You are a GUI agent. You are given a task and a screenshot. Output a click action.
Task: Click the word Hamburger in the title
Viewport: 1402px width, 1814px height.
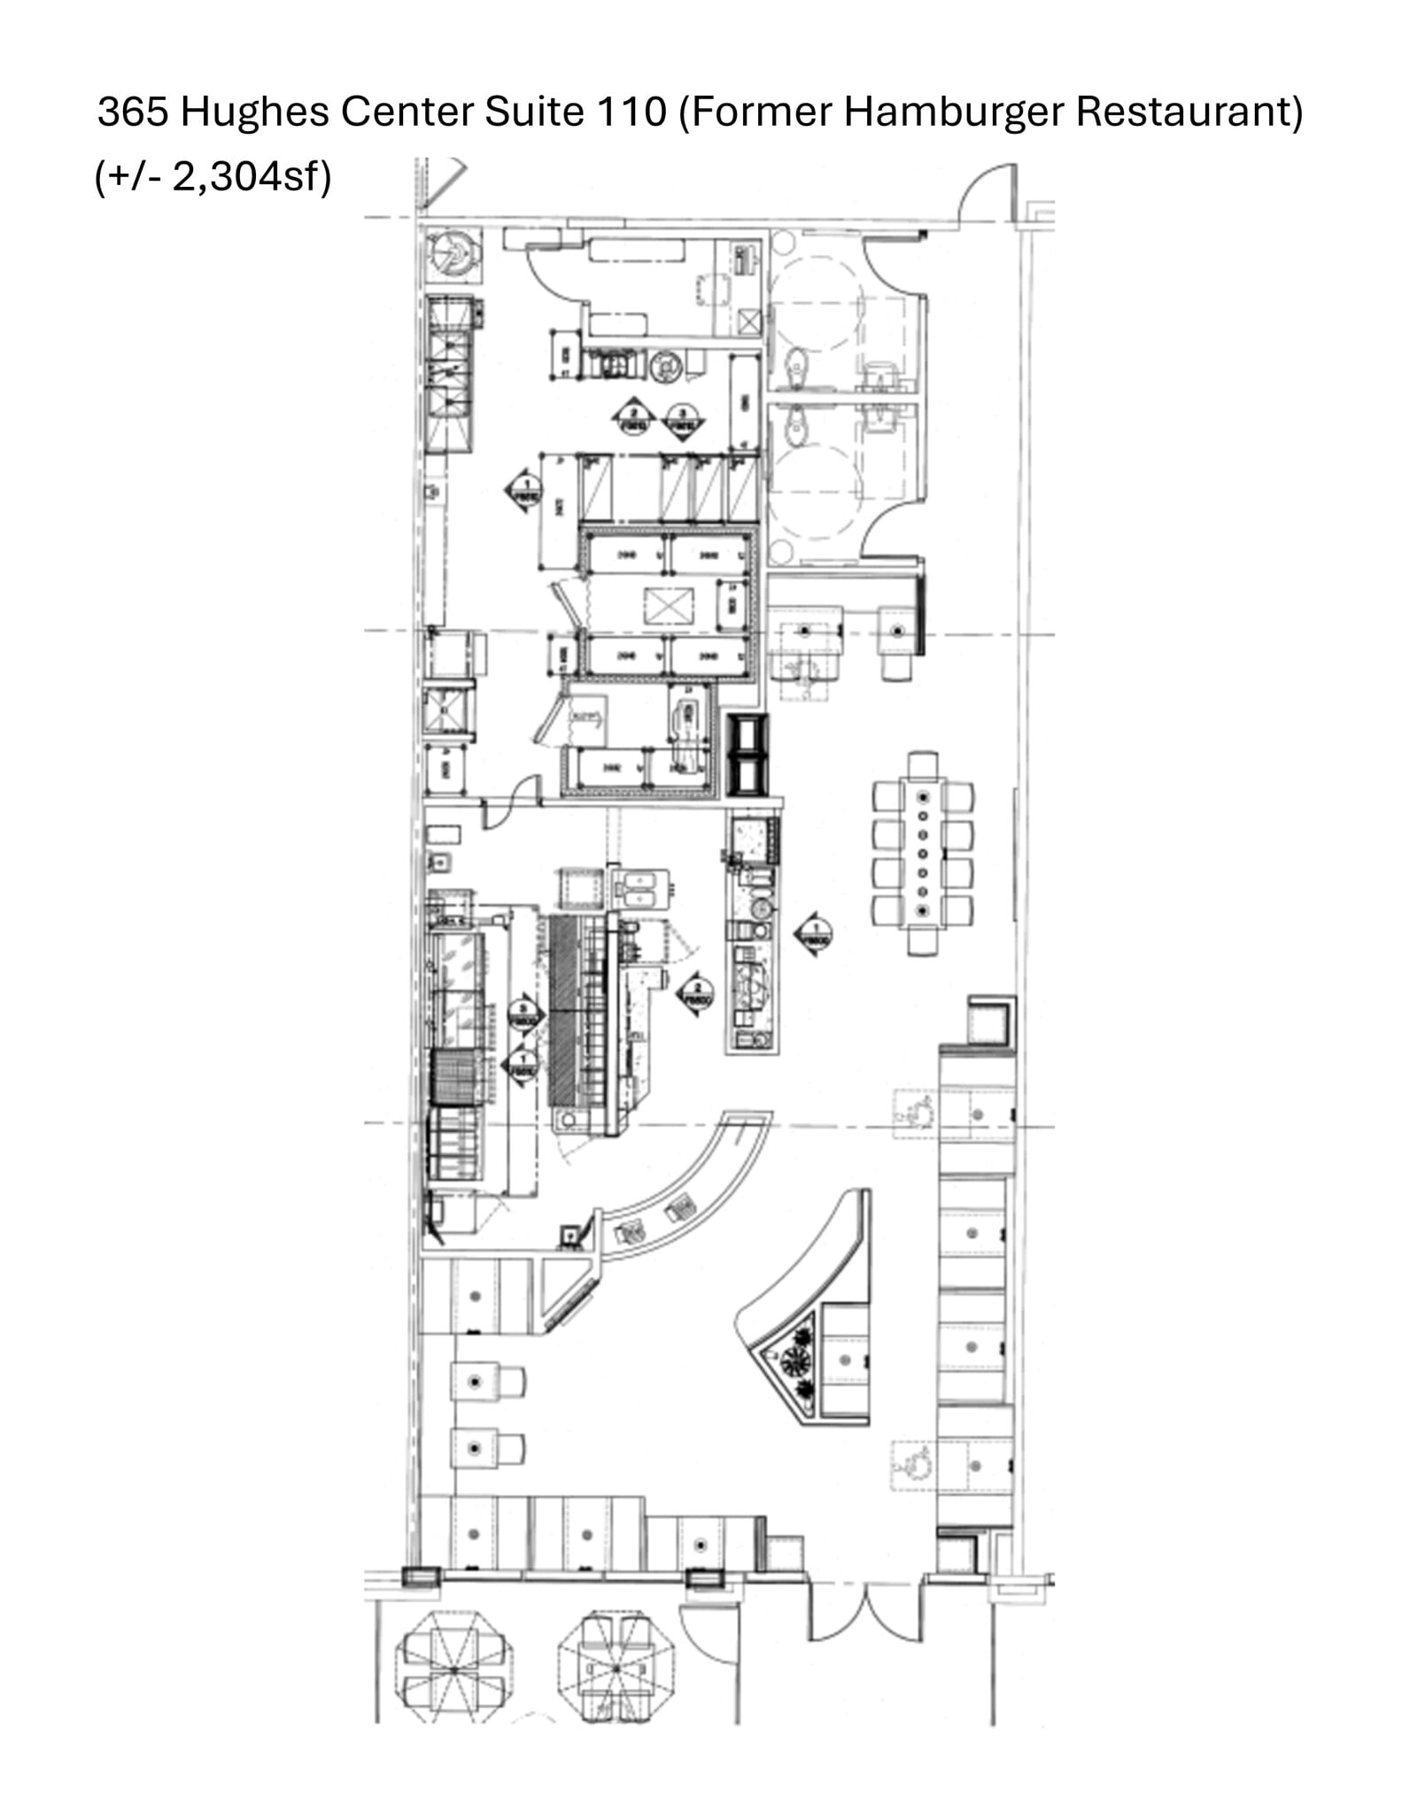pos(953,112)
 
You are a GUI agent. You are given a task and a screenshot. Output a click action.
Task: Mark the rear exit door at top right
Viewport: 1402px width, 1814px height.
pos(987,195)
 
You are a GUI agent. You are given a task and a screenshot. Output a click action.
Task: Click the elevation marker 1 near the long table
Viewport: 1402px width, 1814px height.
pos(813,934)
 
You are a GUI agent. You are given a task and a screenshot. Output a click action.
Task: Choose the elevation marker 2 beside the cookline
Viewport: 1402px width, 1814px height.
pos(697,994)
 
